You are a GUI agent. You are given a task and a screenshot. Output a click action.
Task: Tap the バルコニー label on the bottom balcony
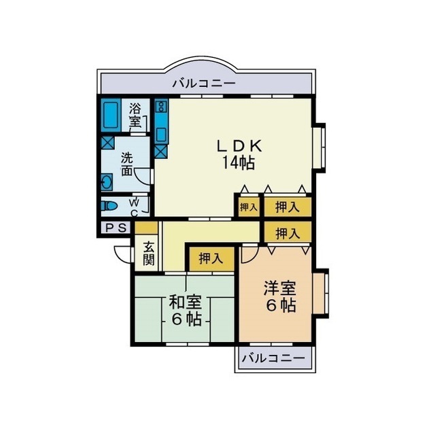271,358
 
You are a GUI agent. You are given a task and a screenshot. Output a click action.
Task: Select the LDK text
239,145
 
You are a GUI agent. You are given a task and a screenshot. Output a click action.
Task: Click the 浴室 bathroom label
135,115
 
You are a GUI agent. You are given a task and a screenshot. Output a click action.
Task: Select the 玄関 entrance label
148,254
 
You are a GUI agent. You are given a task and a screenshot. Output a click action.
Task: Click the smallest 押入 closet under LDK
248,206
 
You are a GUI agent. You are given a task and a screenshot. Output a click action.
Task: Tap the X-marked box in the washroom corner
107,143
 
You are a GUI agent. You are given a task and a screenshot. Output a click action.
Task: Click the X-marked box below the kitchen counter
160,149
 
